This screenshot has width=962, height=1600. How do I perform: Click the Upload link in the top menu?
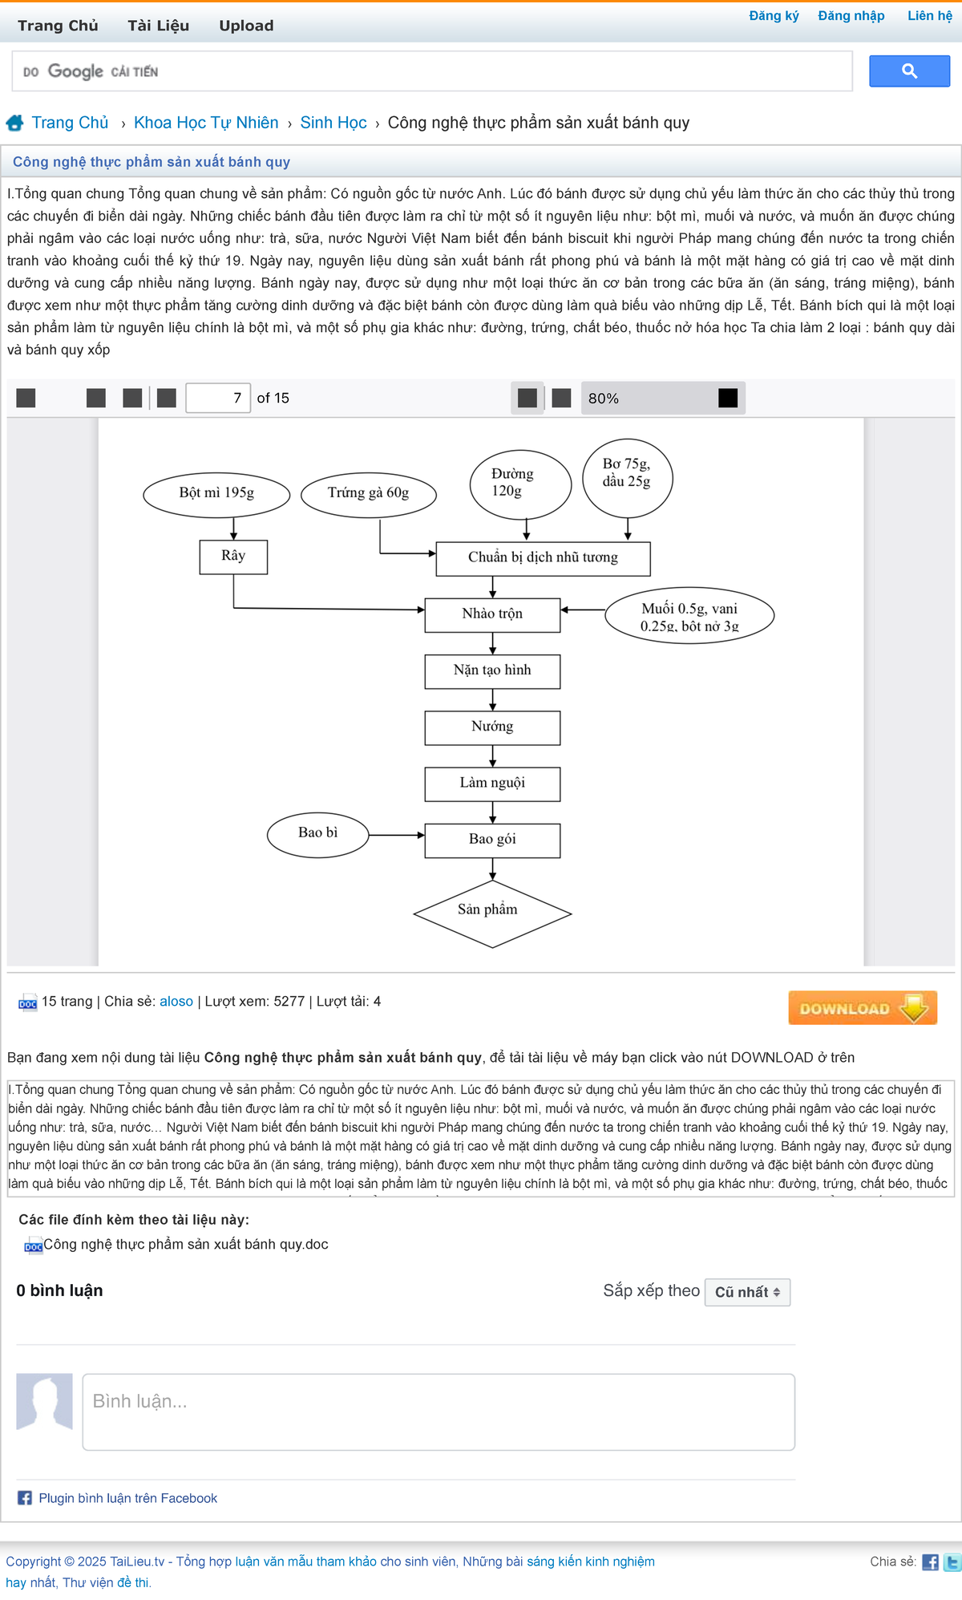246,26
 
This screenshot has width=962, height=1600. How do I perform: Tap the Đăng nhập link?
851,16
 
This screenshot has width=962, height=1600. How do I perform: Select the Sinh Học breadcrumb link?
333,123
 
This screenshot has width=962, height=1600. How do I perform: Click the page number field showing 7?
218,398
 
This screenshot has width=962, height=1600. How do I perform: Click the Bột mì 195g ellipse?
216,493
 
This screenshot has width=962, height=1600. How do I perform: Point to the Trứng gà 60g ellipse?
368,493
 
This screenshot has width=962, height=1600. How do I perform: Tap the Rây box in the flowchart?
233,557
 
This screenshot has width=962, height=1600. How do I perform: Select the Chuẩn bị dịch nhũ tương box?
543,558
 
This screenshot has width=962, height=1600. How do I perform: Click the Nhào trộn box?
492,614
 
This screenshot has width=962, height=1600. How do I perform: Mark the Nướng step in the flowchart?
492,727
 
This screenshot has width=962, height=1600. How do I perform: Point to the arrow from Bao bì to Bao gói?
396,835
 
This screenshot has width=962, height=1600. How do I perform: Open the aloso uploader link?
176,1001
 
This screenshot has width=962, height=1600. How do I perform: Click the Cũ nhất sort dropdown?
747,1292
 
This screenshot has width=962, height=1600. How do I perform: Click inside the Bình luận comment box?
439,1412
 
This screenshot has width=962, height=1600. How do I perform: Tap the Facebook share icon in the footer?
930,1562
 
